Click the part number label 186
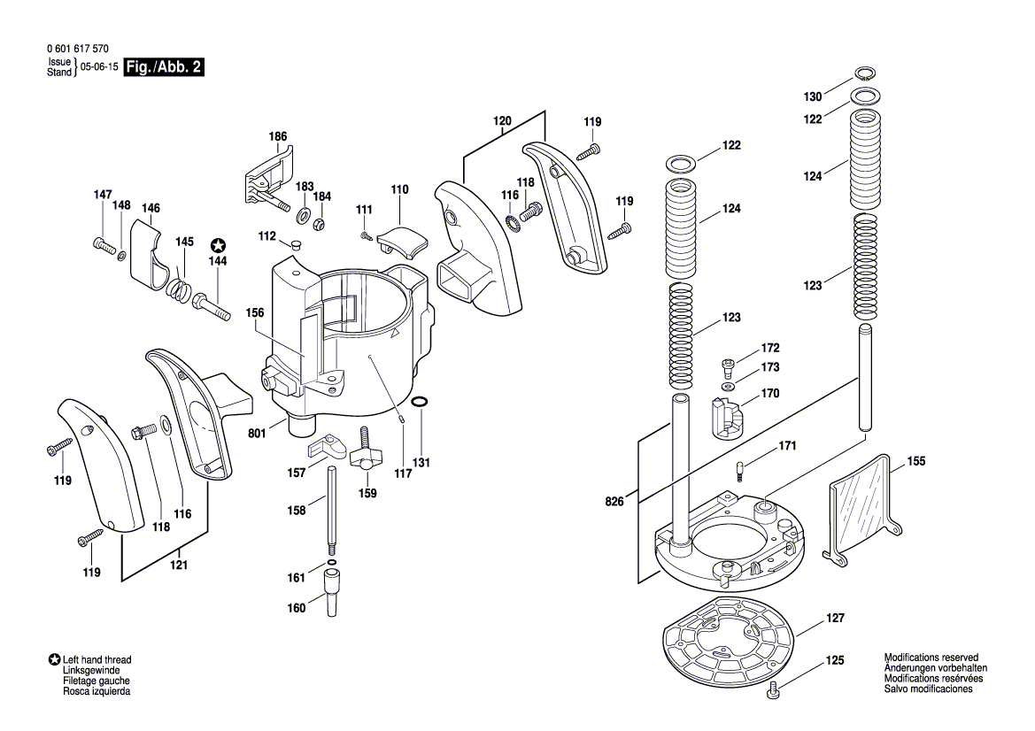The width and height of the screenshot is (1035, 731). click(x=278, y=136)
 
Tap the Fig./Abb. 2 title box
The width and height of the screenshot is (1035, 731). click(x=165, y=67)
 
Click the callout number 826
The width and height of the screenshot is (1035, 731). click(x=614, y=502)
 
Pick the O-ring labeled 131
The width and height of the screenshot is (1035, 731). click(x=422, y=404)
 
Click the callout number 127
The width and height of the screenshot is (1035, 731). click(x=836, y=619)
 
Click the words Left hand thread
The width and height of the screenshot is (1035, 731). click(x=97, y=660)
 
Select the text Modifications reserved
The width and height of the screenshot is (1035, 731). click(x=931, y=658)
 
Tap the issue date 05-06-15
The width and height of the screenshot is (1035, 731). click(x=99, y=67)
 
